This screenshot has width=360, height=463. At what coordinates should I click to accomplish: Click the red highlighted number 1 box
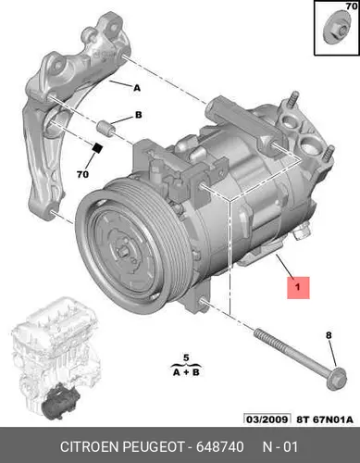[x=298, y=288]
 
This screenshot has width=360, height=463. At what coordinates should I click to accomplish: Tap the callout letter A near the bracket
[x=137, y=88]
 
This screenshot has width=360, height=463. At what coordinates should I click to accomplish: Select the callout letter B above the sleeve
[x=139, y=115]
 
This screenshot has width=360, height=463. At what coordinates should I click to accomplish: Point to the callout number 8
[x=329, y=335]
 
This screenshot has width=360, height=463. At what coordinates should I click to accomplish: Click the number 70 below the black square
[x=82, y=174]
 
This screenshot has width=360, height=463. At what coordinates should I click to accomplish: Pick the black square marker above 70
[x=98, y=148]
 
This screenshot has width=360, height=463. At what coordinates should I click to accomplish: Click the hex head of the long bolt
[x=337, y=379]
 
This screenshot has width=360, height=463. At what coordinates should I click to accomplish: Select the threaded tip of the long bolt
[x=259, y=334]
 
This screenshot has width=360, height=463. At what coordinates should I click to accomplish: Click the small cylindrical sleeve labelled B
[x=106, y=128]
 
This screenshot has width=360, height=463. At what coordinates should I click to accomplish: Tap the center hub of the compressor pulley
[x=124, y=253]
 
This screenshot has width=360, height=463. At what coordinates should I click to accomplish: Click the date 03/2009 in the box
[x=267, y=419]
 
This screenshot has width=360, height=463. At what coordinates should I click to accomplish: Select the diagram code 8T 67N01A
[x=325, y=419]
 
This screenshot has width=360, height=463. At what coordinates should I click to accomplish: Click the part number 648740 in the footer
[x=220, y=446]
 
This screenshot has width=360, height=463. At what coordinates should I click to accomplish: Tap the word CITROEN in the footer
[x=90, y=446]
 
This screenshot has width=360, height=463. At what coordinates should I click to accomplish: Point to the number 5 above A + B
[x=186, y=357]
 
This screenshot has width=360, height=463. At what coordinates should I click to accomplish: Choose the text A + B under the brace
[x=186, y=372]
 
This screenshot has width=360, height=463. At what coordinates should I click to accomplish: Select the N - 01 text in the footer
[x=280, y=446]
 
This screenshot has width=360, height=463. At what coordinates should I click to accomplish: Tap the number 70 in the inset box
[x=352, y=6]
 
